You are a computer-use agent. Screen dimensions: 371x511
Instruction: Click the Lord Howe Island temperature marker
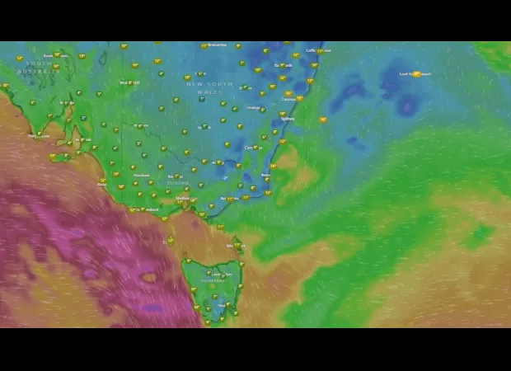click(x=416, y=74)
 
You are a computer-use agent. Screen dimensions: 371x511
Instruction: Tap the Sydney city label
click(x=287, y=119)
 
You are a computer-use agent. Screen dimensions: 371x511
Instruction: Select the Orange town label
click(x=252, y=108)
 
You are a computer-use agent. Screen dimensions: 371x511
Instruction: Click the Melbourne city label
click(x=182, y=199)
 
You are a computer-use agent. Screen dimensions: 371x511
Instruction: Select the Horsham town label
click(x=141, y=175)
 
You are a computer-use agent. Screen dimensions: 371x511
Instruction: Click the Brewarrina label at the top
click(x=216, y=45)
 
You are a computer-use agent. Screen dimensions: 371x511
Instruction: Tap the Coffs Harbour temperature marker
click(x=320, y=51)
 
